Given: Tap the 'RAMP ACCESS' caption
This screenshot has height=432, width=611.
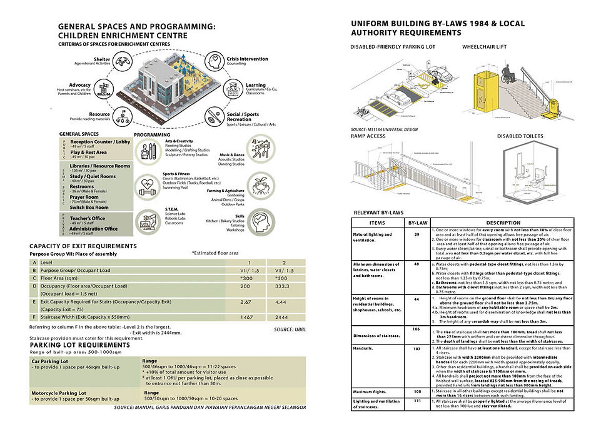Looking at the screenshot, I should (370, 136).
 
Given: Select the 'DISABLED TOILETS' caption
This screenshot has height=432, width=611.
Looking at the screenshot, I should (519, 136).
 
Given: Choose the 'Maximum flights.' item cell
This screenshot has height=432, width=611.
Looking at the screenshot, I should (371, 391).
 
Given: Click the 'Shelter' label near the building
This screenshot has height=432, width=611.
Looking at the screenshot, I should (101, 58).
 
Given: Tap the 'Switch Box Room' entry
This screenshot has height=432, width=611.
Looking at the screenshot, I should (89, 207).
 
